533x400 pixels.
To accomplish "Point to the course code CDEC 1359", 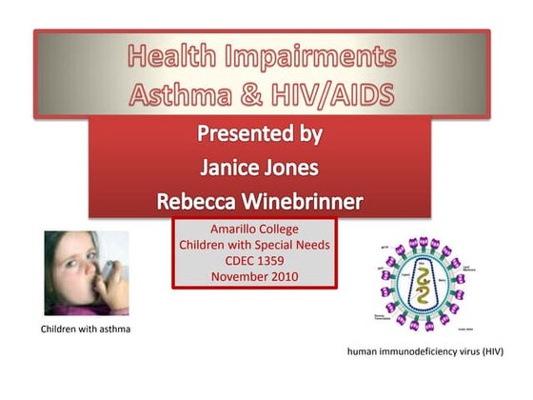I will coord(254,262).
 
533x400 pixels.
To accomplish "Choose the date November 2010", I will coord(254,277).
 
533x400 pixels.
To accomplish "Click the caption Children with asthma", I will coord(86,330).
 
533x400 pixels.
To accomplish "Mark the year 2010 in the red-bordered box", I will coord(283,277).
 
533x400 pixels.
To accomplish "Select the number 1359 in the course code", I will coord(274,262).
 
